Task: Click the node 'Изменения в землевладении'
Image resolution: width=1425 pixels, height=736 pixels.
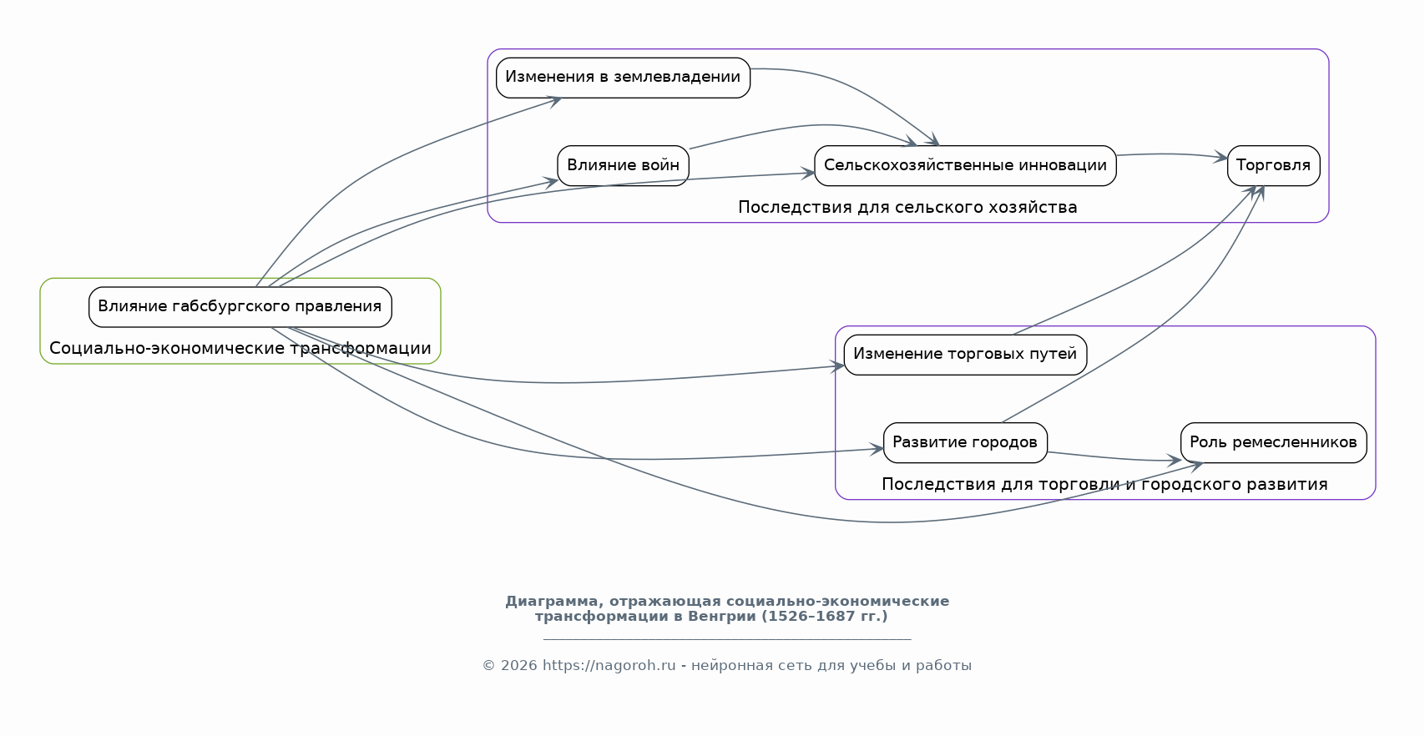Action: [x=623, y=78]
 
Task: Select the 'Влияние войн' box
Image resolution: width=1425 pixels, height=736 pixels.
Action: [x=623, y=166]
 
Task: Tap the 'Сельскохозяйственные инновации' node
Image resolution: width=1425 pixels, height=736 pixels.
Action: [x=965, y=166]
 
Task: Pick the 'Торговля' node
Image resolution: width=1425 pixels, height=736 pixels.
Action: [x=1274, y=166]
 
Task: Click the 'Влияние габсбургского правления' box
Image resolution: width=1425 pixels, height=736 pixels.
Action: [x=240, y=307]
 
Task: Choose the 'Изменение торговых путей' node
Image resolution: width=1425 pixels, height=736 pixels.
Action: [x=965, y=355]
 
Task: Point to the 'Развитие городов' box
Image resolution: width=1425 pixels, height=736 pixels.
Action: [x=965, y=443]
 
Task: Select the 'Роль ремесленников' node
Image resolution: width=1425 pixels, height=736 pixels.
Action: [x=1274, y=443]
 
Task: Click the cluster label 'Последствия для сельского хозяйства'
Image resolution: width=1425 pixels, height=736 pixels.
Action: [x=907, y=208]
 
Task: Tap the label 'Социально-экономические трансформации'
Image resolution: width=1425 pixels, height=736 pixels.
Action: [x=240, y=349]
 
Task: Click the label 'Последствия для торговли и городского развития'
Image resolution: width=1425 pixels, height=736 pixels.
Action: [x=1104, y=485]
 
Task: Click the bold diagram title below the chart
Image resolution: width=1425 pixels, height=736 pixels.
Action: [x=727, y=609]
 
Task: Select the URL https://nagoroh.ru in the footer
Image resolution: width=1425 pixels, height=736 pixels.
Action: [x=609, y=665]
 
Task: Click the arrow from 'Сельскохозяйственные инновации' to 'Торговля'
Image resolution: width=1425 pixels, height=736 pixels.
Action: [x=1172, y=154]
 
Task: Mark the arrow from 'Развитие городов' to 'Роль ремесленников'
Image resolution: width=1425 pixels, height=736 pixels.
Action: [x=1114, y=457]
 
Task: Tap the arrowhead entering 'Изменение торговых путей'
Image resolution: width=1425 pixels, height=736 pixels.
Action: [x=838, y=366]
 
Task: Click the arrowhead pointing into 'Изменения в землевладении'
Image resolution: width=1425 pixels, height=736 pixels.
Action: [x=554, y=100]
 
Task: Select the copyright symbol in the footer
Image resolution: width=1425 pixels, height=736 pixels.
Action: [x=488, y=666]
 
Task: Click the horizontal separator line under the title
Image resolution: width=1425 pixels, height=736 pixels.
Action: [x=727, y=638]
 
